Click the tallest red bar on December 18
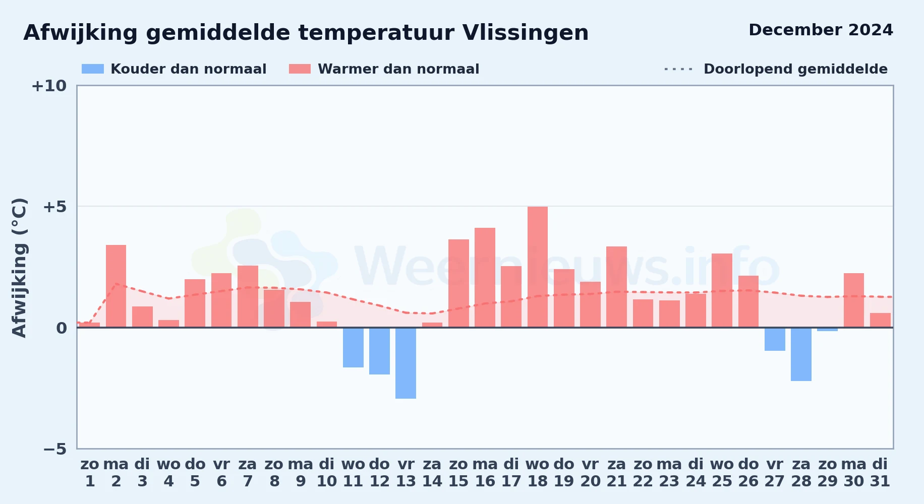538,267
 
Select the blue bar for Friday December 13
406,363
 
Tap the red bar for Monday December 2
116,286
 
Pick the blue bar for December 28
801,354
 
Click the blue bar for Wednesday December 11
353,347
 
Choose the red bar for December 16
485,278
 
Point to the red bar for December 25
722,290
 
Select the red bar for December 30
854,300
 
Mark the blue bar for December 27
775,339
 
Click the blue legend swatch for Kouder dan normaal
93,69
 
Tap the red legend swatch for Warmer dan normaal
300,69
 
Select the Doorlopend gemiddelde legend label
795,69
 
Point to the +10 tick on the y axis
49,86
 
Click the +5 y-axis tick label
55,207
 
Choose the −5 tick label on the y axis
55,449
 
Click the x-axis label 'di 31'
880,473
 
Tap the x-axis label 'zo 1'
90,473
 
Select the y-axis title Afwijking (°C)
19,267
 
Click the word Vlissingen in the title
525,33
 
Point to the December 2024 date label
821,30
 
